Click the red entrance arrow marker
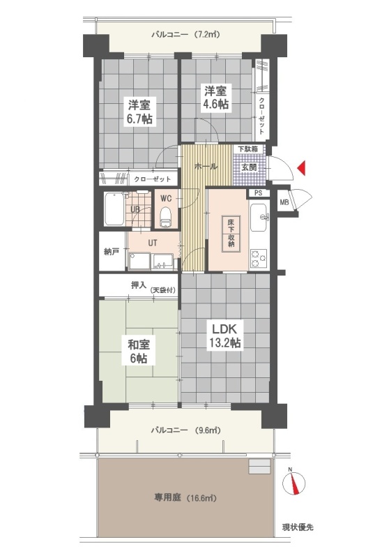click(x=301, y=168)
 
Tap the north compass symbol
click(x=293, y=482)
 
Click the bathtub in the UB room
click(x=114, y=209)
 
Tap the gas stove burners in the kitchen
click(x=259, y=259)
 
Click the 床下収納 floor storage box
click(x=231, y=234)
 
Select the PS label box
click(x=259, y=193)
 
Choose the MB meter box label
click(x=284, y=203)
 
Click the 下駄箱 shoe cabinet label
click(x=248, y=149)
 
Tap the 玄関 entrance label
click(x=249, y=167)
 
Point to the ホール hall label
click(x=206, y=166)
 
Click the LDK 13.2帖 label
click(x=224, y=335)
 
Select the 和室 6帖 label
click(x=139, y=352)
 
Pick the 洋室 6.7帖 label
click(x=140, y=112)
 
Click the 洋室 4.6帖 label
click(x=215, y=97)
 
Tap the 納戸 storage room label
click(x=112, y=252)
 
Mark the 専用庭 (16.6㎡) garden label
click(x=185, y=497)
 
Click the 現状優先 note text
click(x=298, y=527)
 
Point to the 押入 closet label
click(x=139, y=285)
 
